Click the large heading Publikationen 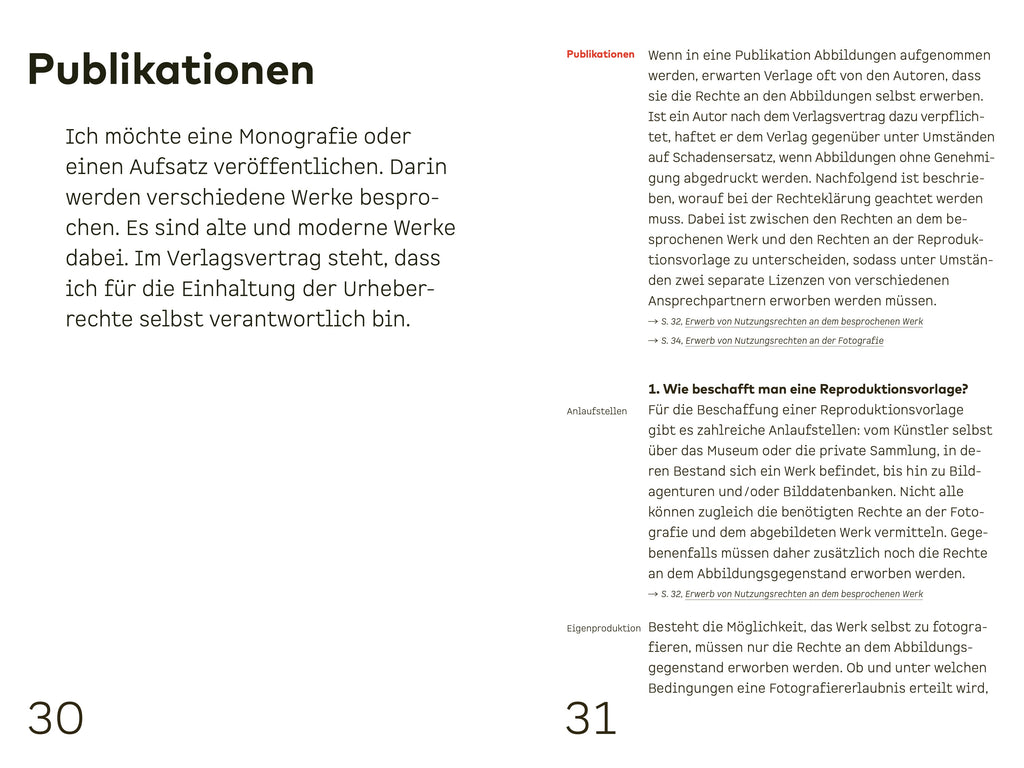coord(171,70)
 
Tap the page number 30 coord(56,718)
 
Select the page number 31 coord(591,718)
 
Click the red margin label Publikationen coord(600,54)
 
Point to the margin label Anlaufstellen coord(597,411)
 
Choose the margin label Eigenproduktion coord(604,628)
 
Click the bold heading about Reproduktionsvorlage coord(808,389)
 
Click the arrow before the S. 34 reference coord(652,341)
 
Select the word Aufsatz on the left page coord(159,166)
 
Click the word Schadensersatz coord(721,157)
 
